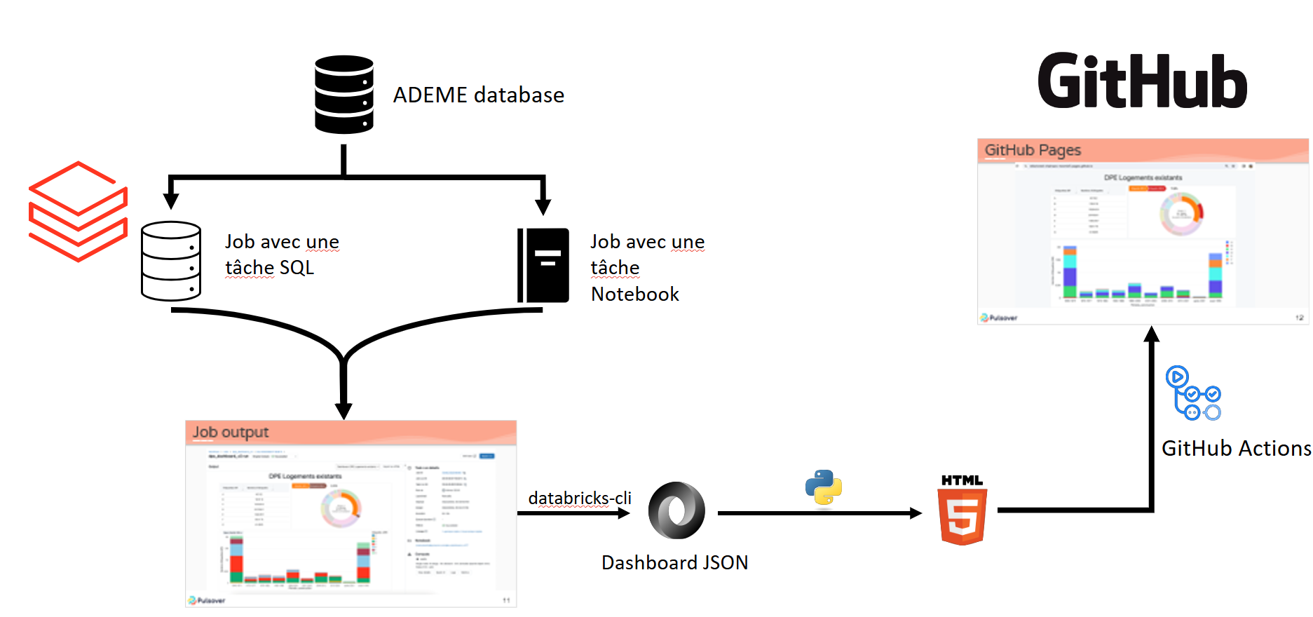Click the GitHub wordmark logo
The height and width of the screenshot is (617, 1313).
tap(1142, 81)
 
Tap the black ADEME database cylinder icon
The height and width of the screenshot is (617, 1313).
tap(343, 95)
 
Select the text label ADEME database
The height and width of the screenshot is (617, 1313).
tap(478, 95)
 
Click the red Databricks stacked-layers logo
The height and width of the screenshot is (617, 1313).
tap(78, 211)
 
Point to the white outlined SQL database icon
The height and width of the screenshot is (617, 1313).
tap(171, 261)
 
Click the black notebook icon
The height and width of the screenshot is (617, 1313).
tap(543, 265)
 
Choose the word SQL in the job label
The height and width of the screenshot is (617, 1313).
tap(297, 268)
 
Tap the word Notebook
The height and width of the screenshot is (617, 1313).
tap(634, 294)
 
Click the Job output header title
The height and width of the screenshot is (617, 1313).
tap(231, 432)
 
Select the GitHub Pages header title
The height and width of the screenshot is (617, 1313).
tap(1033, 150)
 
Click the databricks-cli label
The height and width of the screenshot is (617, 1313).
tap(580, 498)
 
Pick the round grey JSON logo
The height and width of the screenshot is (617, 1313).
tap(676, 510)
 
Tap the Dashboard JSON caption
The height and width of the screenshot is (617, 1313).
tap(674, 563)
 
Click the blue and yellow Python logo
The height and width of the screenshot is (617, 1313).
tap(824, 487)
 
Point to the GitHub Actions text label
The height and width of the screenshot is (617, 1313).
tap(1236, 449)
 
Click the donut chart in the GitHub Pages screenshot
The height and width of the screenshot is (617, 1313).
tap(1181, 213)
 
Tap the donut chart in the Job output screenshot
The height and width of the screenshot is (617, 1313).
tap(341, 508)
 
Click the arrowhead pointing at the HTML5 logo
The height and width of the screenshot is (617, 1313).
tap(916, 513)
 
